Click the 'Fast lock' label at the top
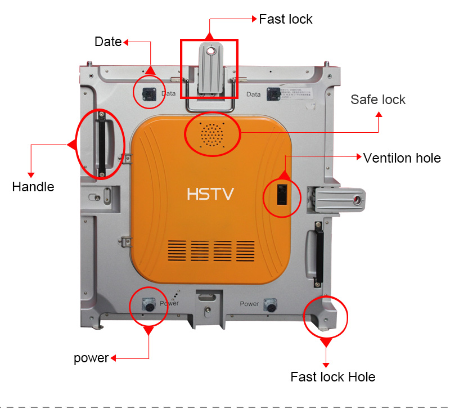point(285,19)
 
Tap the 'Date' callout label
point(108,42)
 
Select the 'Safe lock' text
point(378,100)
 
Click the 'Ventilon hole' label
point(402,158)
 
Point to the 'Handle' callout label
point(33,187)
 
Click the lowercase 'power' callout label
point(91,358)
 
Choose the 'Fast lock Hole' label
point(332,376)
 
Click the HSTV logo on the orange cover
point(210,194)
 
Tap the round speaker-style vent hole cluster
point(212,134)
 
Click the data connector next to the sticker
point(274,94)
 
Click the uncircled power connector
point(271,307)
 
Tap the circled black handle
point(102,143)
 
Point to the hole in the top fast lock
point(210,51)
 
